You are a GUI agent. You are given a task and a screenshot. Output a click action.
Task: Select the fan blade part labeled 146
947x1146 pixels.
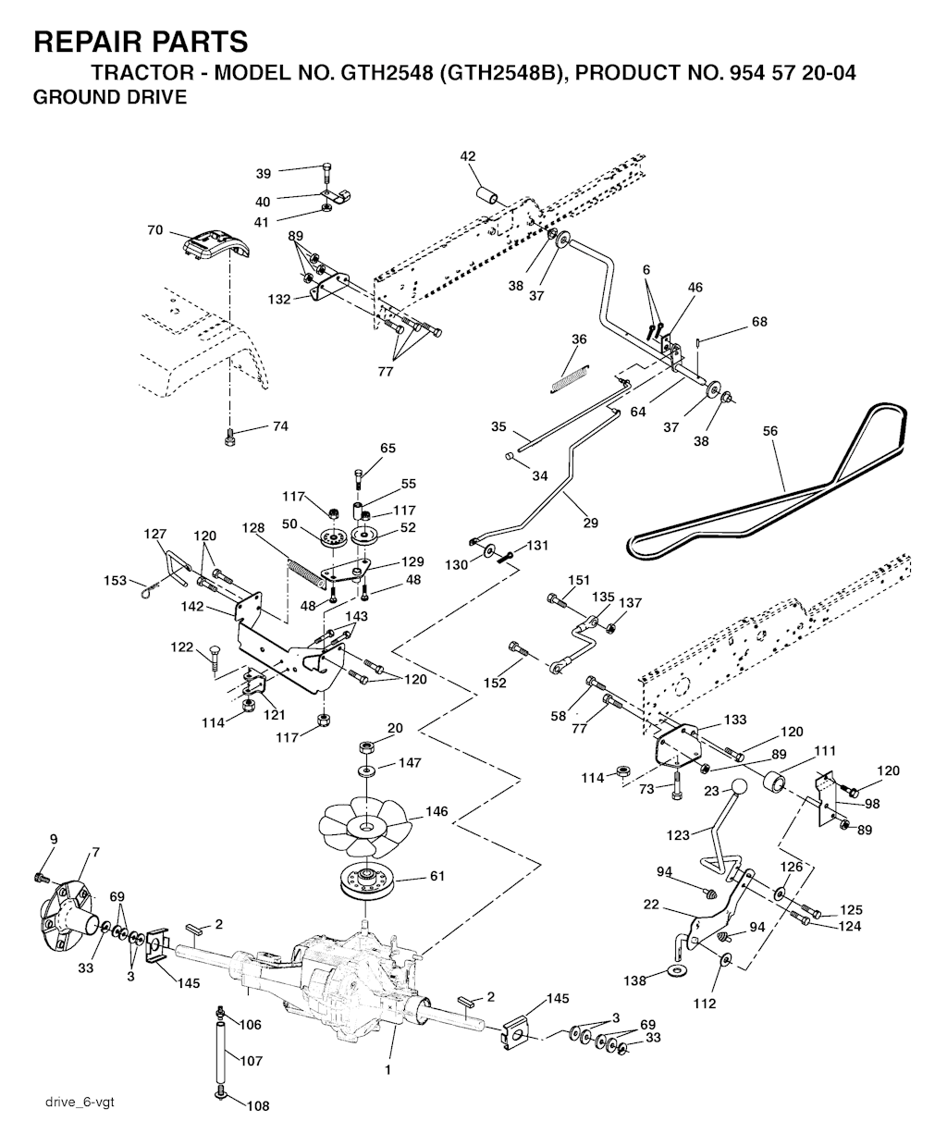[x=367, y=823]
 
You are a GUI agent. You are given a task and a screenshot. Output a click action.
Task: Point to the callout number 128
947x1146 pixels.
[x=252, y=526]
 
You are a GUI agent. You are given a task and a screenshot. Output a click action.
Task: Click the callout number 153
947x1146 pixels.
[x=115, y=580]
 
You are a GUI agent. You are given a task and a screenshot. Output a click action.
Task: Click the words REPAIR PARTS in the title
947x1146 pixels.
[x=141, y=42]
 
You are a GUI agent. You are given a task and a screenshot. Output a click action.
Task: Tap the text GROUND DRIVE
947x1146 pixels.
[x=109, y=96]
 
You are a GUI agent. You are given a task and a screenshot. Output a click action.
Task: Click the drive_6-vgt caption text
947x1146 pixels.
[x=79, y=1102]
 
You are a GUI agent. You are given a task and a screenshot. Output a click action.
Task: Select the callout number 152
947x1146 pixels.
[x=495, y=683]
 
